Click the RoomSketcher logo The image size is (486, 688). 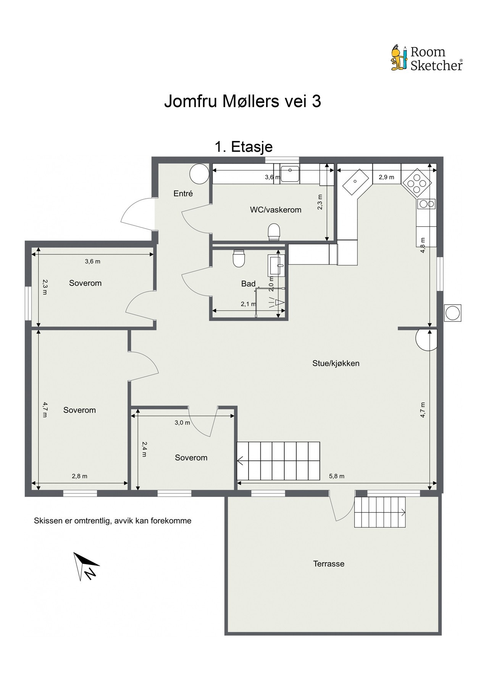pos(426,58)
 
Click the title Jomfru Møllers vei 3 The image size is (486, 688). pos(242,102)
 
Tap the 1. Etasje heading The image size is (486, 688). pos(244,147)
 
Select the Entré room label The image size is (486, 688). pos(183,193)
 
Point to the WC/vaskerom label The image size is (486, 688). pos(276,210)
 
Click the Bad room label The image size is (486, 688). pos(248,284)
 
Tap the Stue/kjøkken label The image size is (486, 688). pos(336,363)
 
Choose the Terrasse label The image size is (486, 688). pos(329,563)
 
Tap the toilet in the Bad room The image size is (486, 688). pos(239,258)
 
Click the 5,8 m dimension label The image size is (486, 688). pos(337,476)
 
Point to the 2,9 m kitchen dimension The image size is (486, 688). pos(386,177)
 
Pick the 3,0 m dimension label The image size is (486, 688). pos(182,422)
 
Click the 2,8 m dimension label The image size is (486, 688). pos(79,476)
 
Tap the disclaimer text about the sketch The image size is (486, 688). pos(113,521)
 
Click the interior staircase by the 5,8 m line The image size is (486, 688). pos(278,461)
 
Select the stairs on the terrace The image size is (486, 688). pos(380,512)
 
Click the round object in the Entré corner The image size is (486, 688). pos(199,174)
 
